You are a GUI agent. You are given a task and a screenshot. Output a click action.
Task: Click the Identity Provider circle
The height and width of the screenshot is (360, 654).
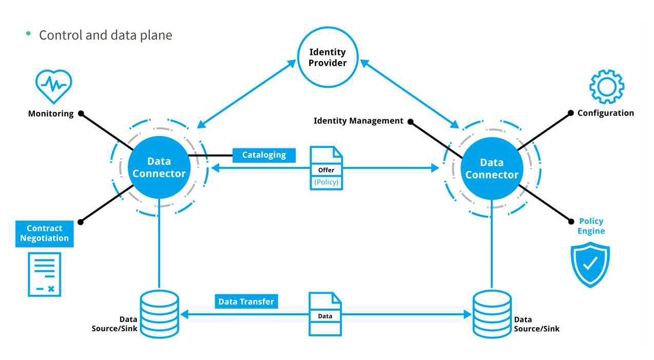click(328, 57)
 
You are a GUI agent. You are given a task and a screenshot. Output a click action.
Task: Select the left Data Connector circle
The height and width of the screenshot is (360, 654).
click(159, 167)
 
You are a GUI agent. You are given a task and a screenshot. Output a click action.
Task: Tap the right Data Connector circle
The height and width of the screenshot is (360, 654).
click(491, 168)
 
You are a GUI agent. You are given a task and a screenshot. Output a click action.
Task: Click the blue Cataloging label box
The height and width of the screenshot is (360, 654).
click(264, 155)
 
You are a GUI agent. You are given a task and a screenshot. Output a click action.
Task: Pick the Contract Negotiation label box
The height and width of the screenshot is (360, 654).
click(44, 233)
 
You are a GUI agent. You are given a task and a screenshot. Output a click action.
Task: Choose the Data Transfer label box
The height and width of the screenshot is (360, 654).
click(246, 301)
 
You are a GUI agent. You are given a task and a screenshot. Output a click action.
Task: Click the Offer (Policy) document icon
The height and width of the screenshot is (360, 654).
click(326, 168)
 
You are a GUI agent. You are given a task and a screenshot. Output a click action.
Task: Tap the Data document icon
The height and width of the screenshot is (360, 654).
click(325, 314)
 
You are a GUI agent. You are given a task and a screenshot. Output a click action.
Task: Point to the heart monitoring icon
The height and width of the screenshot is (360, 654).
click(53, 86)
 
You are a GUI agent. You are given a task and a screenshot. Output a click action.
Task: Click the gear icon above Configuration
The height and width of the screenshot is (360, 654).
click(606, 87)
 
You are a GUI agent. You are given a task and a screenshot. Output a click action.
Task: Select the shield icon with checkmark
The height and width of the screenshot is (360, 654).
click(590, 264)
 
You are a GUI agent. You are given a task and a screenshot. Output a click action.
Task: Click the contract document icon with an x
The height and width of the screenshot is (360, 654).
click(44, 274)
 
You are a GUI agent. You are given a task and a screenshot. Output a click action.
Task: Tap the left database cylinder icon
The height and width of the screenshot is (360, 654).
click(159, 314)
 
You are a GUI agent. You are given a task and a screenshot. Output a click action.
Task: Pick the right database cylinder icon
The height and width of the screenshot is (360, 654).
click(492, 314)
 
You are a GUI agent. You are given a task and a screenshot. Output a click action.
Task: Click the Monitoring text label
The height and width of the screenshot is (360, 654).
click(51, 113)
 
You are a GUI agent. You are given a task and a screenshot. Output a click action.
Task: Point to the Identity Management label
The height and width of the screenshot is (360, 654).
click(358, 121)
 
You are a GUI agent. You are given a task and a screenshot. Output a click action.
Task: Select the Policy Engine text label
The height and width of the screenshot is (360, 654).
click(591, 226)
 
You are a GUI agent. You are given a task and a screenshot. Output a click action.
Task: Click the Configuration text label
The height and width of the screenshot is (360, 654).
click(605, 113)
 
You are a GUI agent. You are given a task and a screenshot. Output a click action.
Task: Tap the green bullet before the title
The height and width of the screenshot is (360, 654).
click(28, 33)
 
